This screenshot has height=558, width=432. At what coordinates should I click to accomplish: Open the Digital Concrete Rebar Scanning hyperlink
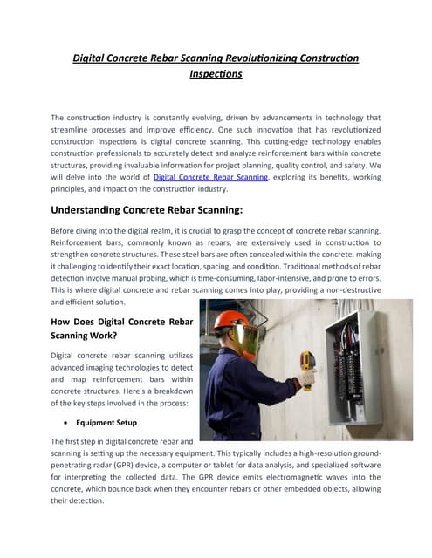(x=209, y=177)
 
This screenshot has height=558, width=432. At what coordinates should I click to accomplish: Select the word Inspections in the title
(x=216, y=75)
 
